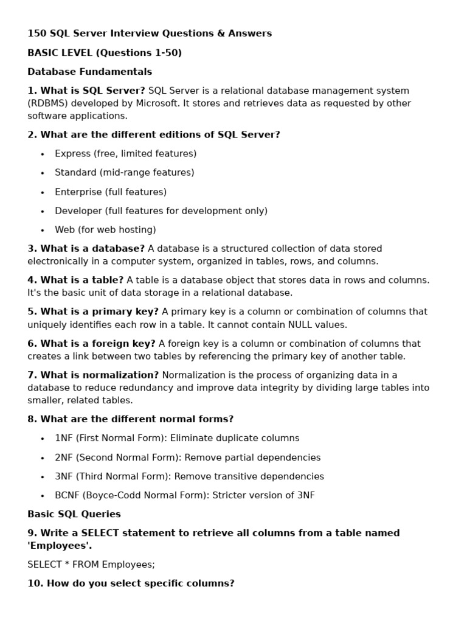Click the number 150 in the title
(36, 33)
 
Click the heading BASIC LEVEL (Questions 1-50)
(105, 53)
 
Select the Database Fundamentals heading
(89, 72)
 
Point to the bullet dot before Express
(43, 155)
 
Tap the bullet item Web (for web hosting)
(105, 230)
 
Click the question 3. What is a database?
(86, 249)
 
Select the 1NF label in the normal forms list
(64, 439)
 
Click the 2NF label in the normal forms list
(64, 458)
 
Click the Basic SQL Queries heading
(74, 514)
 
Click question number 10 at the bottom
(35, 583)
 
